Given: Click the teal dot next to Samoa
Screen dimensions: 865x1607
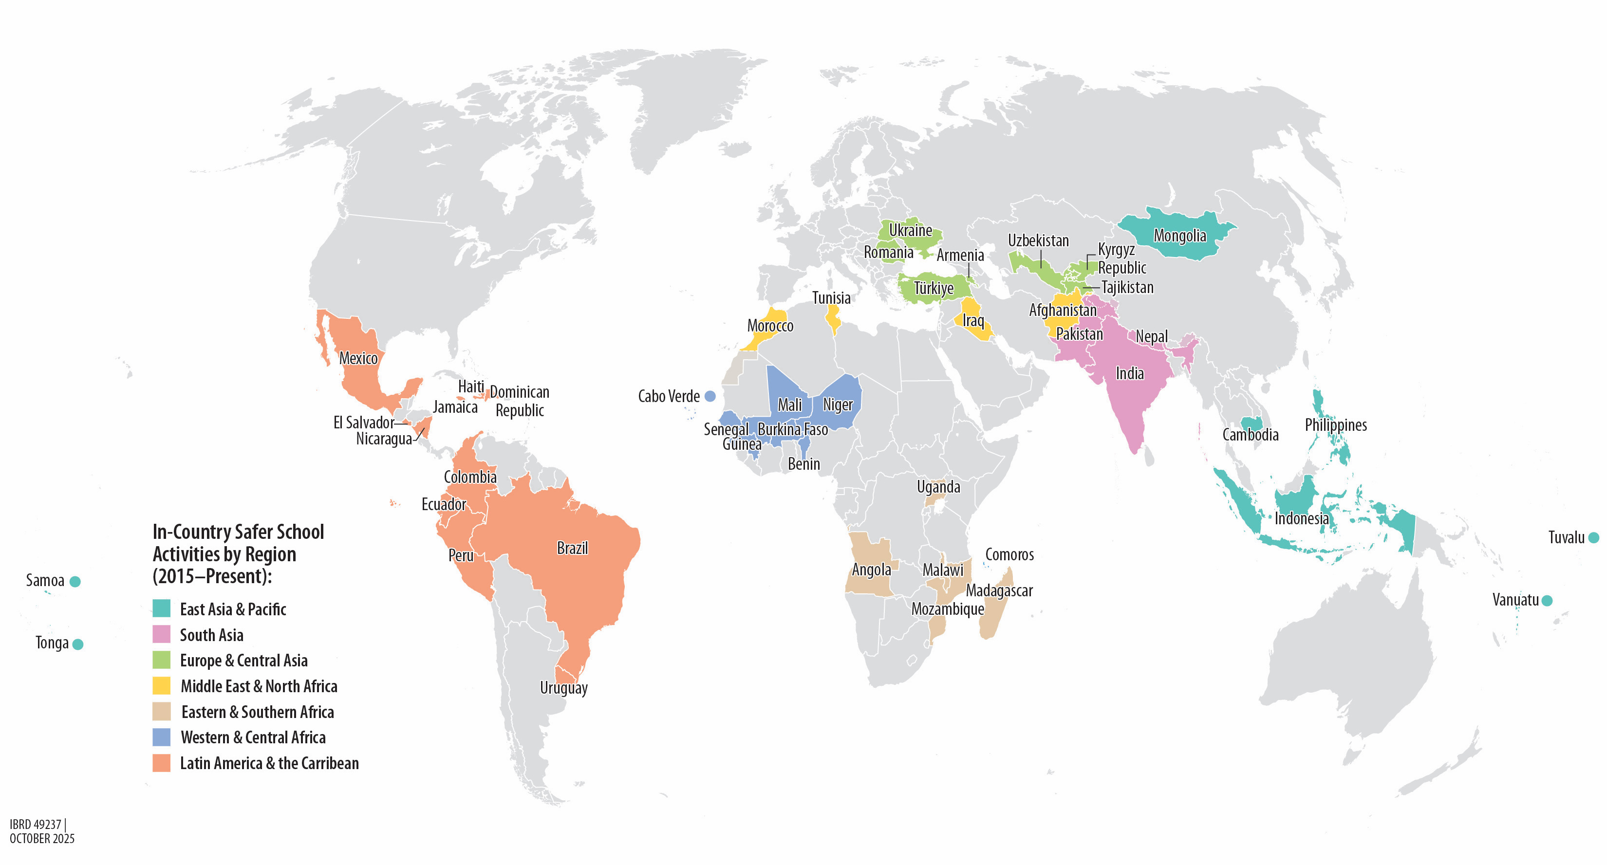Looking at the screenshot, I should tap(75, 581).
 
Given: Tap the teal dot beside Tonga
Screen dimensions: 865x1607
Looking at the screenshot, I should tap(78, 644).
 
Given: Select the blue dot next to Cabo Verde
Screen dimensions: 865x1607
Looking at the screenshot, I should tap(710, 396).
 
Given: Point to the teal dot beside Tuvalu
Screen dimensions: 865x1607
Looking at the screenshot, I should tap(1593, 537).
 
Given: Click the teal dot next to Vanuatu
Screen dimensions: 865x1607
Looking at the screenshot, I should tap(1547, 601).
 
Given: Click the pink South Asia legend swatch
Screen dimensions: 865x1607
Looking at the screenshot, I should tap(162, 634).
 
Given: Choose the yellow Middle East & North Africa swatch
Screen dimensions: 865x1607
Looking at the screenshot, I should tap(162, 685).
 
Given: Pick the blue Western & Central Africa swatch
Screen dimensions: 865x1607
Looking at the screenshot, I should tap(162, 737).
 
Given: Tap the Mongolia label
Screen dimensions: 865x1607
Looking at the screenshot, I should tap(1179, 236).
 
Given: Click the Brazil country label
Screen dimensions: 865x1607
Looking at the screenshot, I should tap(572, 548).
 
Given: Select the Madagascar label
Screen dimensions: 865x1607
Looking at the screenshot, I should tap(999, 590).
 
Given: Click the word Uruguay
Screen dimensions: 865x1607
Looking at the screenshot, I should tap(563, 688).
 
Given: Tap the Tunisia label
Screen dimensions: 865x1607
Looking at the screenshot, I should tap(831, 298).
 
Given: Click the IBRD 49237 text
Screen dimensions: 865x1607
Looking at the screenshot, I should tap(36, 825).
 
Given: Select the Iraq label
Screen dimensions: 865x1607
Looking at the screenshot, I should tap(973, 321).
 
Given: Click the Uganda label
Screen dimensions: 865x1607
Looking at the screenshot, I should tap(938, 487).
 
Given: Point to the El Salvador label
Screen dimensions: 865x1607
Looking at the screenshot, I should tap(364, 422).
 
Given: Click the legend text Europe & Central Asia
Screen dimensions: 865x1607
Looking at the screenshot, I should tap(243, 661).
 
